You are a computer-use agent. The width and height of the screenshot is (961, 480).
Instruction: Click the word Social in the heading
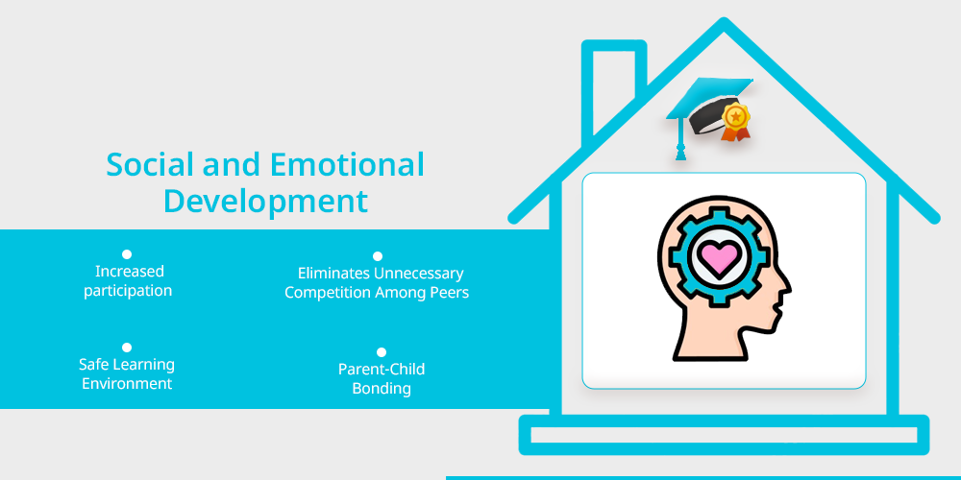tap(150, 165)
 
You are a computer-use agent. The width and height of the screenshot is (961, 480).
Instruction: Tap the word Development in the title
tap(265, 202)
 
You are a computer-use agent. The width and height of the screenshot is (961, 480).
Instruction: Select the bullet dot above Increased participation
tap(127, 254)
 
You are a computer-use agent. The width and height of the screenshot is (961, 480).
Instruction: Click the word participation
tap(128, 291)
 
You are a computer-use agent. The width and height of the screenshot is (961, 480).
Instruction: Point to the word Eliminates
tap(334, 273)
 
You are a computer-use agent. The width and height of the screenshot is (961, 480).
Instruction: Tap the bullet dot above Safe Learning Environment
tap(127, 348)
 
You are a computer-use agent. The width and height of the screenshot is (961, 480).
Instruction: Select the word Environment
tap(127, 384)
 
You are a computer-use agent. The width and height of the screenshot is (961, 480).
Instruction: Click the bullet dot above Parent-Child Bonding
tap(382, 352)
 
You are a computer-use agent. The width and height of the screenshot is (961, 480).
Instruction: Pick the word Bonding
tap(382, 389)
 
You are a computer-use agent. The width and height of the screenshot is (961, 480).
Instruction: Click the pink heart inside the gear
tap(720, 257)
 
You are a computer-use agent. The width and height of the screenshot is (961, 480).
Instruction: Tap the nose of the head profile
tap(786, 286)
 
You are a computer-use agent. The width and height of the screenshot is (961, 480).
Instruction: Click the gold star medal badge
tap(735, 116)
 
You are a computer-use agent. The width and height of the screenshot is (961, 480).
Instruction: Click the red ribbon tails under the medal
tap(735, 133)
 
